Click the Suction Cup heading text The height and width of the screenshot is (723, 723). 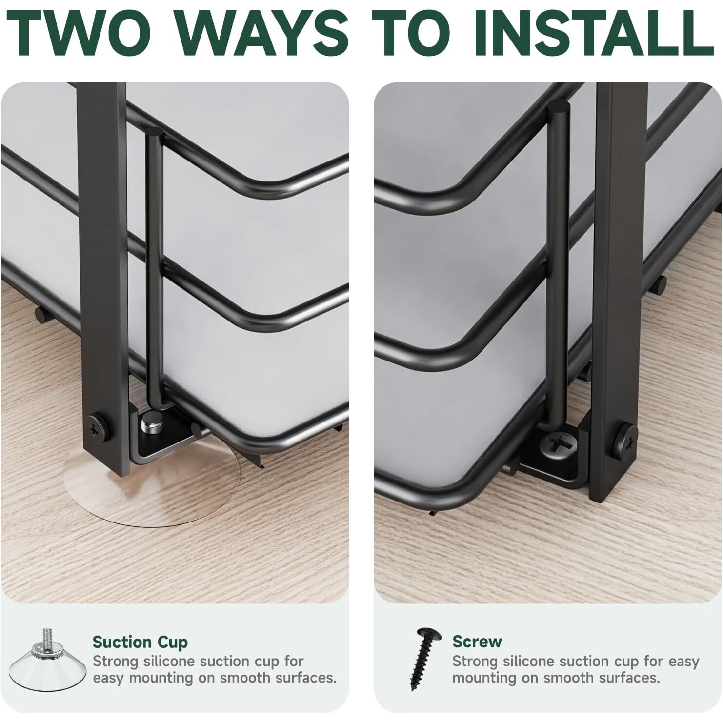[x=140, y=642]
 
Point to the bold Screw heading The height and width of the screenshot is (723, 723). [x=477, y=641]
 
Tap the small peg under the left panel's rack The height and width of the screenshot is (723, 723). [x=42, y=314]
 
